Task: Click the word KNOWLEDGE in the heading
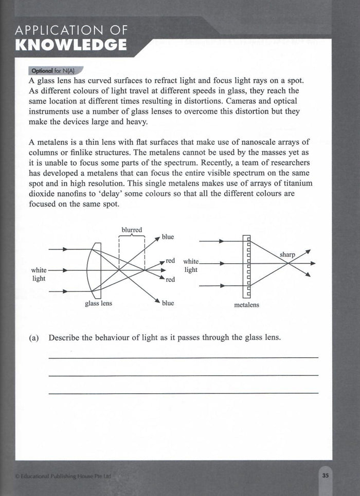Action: tap(71, 44)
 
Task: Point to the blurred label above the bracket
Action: tap(132, 230)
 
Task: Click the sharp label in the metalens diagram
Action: tap(287, 254)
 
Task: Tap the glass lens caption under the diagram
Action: tap(98, 303)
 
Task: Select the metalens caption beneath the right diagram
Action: tap(247, 305)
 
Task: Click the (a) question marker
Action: tap(34, 338)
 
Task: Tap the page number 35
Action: tap(325, 475)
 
